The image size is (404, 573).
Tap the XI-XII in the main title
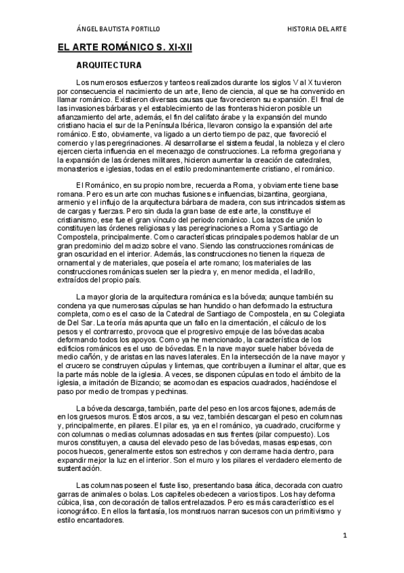pos(184,49)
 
